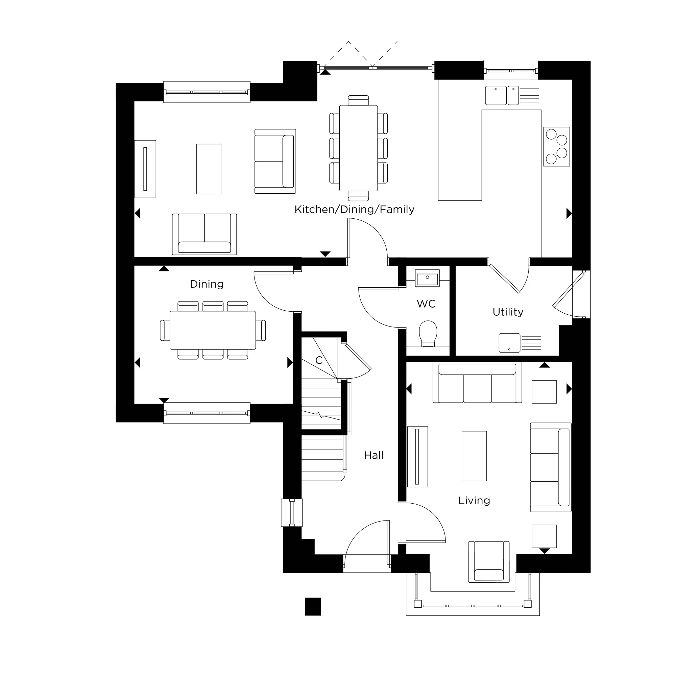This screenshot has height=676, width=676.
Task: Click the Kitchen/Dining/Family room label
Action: [354, 210]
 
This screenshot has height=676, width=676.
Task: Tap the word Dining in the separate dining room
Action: [207, 284]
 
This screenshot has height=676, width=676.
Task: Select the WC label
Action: [426, 304]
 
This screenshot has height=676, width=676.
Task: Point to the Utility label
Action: [508, 312]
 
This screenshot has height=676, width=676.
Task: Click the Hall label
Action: [373, 455]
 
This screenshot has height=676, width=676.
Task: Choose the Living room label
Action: [474, 500]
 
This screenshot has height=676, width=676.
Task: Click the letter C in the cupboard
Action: [318, 360]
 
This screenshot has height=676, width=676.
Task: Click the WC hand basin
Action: [427, 279]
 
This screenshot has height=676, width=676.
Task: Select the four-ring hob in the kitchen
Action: [556, 146]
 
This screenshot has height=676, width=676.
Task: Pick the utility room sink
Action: [509, 342]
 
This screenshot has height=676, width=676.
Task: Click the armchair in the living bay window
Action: [488, 562]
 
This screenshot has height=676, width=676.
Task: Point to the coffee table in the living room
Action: [474, 456]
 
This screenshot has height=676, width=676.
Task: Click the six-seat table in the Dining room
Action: [212, 330]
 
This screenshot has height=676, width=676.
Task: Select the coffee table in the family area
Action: [209, 169]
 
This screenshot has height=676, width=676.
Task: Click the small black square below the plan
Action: [313, 606]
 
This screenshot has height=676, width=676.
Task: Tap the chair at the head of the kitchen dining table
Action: [358, 100]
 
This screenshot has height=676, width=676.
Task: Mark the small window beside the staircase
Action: [291, 513]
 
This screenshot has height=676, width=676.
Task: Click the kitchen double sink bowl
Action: [496, 95]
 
